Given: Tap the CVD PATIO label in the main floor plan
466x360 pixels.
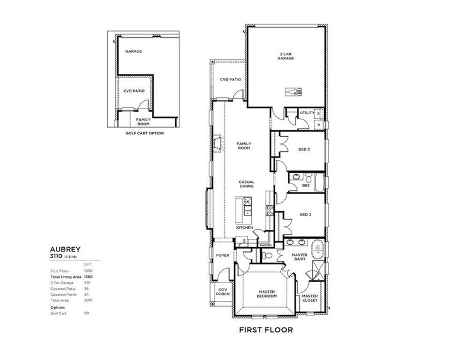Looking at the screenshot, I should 230,79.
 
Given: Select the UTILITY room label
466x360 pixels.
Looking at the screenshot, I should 306,112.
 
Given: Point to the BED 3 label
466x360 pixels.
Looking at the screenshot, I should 304,149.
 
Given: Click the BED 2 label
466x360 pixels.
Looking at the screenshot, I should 305,214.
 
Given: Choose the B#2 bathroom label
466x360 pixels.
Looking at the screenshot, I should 306,185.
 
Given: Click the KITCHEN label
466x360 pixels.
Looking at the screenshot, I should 244,227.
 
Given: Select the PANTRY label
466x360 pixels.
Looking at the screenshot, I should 266,245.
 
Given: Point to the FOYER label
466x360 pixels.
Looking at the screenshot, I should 223,256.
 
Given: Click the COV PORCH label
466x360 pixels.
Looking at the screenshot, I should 223,292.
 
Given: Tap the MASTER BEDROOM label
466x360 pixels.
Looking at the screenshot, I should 267,294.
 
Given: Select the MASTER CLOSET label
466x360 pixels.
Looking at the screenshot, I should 309,298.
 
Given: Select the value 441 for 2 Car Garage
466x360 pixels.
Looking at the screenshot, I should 88,282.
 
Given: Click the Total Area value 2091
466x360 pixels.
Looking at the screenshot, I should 88,300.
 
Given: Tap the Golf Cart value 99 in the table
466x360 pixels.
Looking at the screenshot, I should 86,313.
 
